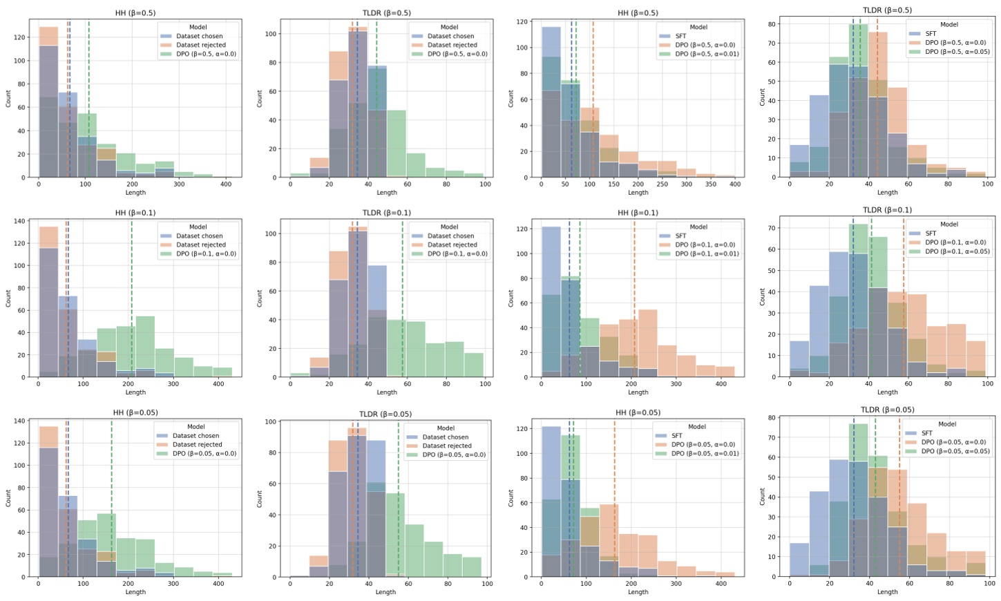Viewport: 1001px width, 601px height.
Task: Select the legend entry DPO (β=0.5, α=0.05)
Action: [x=951, y=52]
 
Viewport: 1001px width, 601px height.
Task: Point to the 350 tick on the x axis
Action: [x=711, y=184]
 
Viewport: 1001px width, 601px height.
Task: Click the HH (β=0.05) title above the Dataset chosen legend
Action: [x=135, y=412]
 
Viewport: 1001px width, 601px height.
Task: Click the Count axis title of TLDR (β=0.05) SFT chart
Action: [x=762, y=497]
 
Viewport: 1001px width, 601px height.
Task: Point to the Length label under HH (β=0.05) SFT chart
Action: [x=638, y=592]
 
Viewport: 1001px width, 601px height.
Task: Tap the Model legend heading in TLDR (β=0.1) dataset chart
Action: [x=449, y=227]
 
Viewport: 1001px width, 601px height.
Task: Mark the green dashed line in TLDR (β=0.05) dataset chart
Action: [x=398, y=497]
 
